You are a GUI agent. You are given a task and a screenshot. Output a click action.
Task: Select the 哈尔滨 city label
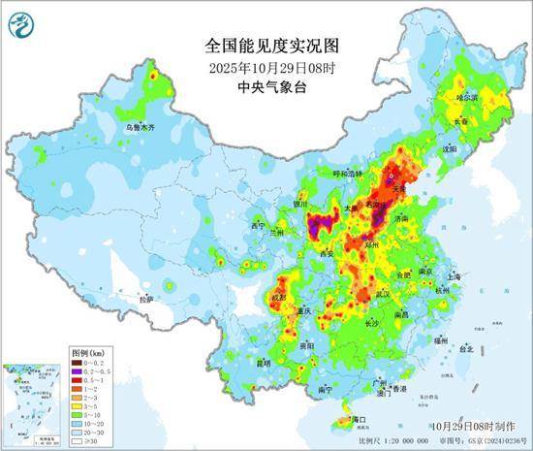[468, 99]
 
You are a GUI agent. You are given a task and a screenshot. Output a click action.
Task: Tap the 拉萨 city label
[146, 300]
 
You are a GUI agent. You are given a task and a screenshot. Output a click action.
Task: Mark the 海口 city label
[356, 420]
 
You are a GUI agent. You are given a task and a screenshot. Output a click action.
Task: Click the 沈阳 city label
[448, 150]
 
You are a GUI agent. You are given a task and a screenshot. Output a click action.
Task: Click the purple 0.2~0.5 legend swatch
[78, 370]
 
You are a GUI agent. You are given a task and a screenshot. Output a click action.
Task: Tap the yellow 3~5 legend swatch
[78, 406]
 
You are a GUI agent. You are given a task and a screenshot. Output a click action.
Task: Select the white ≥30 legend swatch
[78, 441]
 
